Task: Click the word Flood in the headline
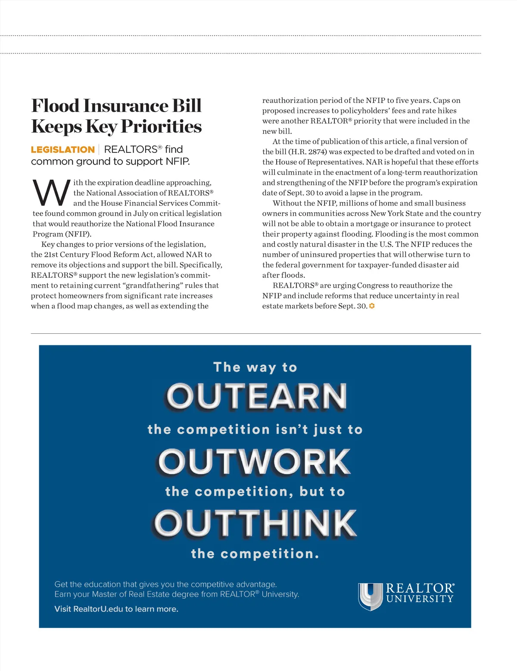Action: pos(55,106)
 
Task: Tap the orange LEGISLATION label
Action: pos(63,150)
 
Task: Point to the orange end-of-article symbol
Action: pos(372,306)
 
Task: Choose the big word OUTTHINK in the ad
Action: pos(255,523)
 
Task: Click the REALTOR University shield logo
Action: pos(370,596)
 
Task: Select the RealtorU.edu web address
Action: pos(98,609)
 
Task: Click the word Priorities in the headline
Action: pos(161,127)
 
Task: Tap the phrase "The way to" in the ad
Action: pos(255,367)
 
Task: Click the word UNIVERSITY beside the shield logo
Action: pos(420,599)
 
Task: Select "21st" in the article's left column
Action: pos(50,255)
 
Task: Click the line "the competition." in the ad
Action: pos(255,554)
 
